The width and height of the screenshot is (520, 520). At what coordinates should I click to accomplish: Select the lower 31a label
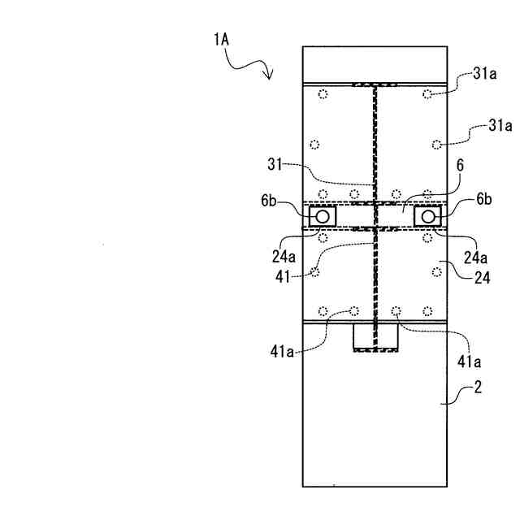(x=500, y=126)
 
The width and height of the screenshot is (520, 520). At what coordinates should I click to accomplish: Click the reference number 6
(x=460, y=165)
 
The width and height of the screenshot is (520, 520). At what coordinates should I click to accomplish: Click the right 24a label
(x=476, y=258)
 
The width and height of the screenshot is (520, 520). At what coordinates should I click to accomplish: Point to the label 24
(x=482, y=276)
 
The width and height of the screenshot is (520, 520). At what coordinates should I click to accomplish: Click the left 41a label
(x=284, y=351)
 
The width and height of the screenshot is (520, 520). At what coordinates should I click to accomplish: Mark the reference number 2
(x=478, y=388)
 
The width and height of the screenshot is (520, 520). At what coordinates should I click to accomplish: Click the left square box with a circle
(x=323, y=216)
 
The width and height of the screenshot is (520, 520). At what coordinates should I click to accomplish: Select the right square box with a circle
(x=427, y=216)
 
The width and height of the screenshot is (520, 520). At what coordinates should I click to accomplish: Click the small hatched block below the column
(x=375, y=338)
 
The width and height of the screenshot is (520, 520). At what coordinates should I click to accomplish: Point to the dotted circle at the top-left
(x=323, y=95)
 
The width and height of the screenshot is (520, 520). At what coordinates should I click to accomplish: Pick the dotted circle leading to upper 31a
(x=427, y=95)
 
